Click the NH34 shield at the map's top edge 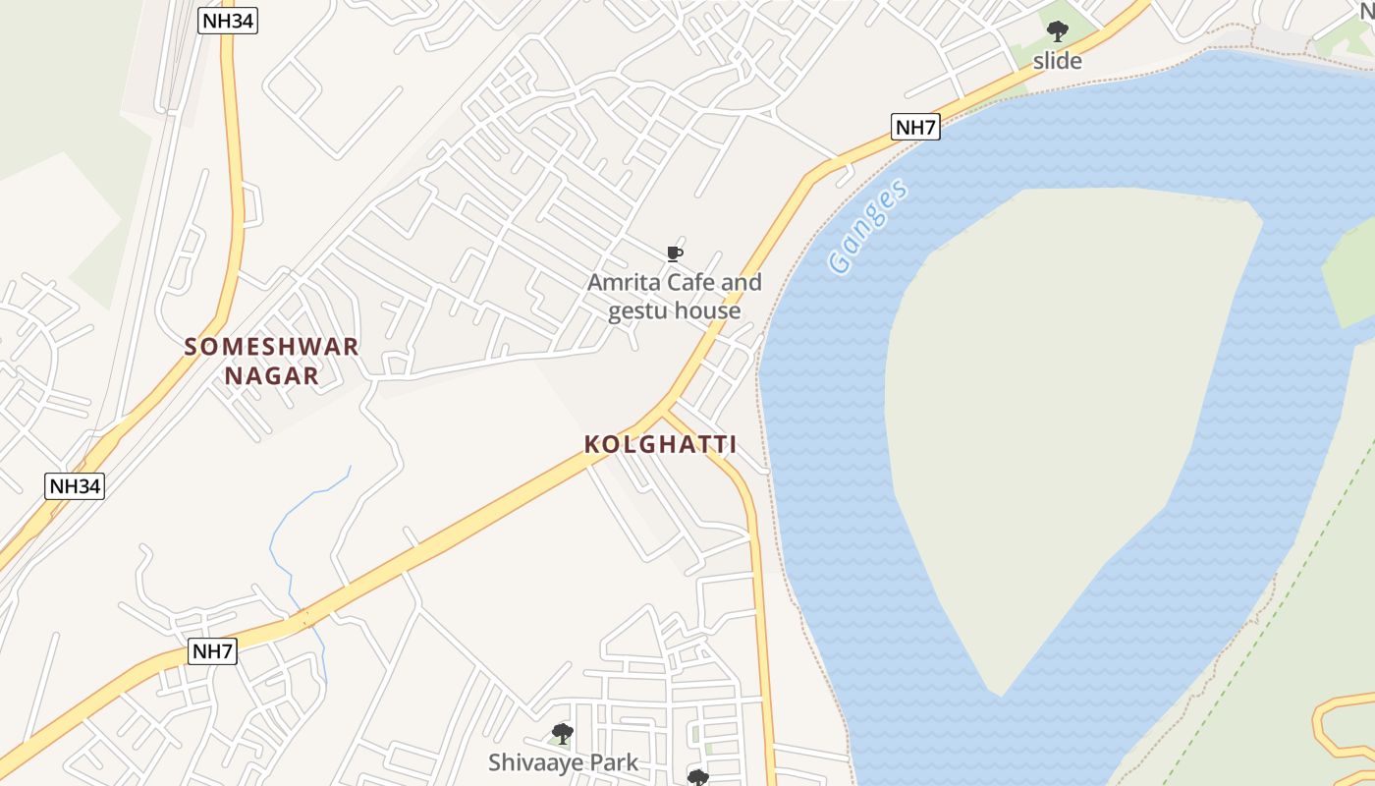pyautogui.click(x=228, y=22)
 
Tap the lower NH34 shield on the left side pyautogui.click(x=75, y=485)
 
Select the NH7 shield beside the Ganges pyautogui.click(x=915, y=126)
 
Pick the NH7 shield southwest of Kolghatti pyautogui.click(x=213, y=650)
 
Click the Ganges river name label pyautogui.click(x=867, y=228)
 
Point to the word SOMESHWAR pyautogui.click(x=272, y=347)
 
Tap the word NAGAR pyautogui.click(x=272, y=375)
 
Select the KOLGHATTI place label pyautogui.click(x=660, y=444)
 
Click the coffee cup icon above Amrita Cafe pyautogui.click(x=674, y=254)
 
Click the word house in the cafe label pyautogui.click(x=707, y=311)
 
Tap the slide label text pyautogui.click(x=1057, y=61)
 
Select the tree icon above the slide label pyautogui.click(x=1057, y=31)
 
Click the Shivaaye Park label pyautogui.click(x=563, y=761)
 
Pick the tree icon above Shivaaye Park pyautogui.click(x=562, y=733)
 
